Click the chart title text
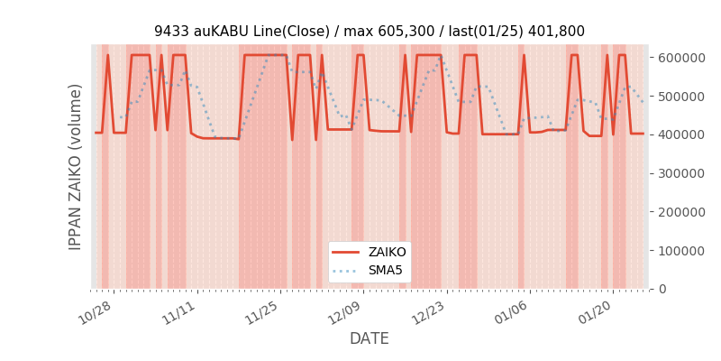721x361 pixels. click(369, 31)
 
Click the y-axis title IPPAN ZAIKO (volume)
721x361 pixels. click(76, 167)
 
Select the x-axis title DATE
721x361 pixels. click(369, 338)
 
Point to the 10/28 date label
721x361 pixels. click(95, 313)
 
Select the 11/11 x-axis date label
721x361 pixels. click(178, 313)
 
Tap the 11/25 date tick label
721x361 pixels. click(260, 313)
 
